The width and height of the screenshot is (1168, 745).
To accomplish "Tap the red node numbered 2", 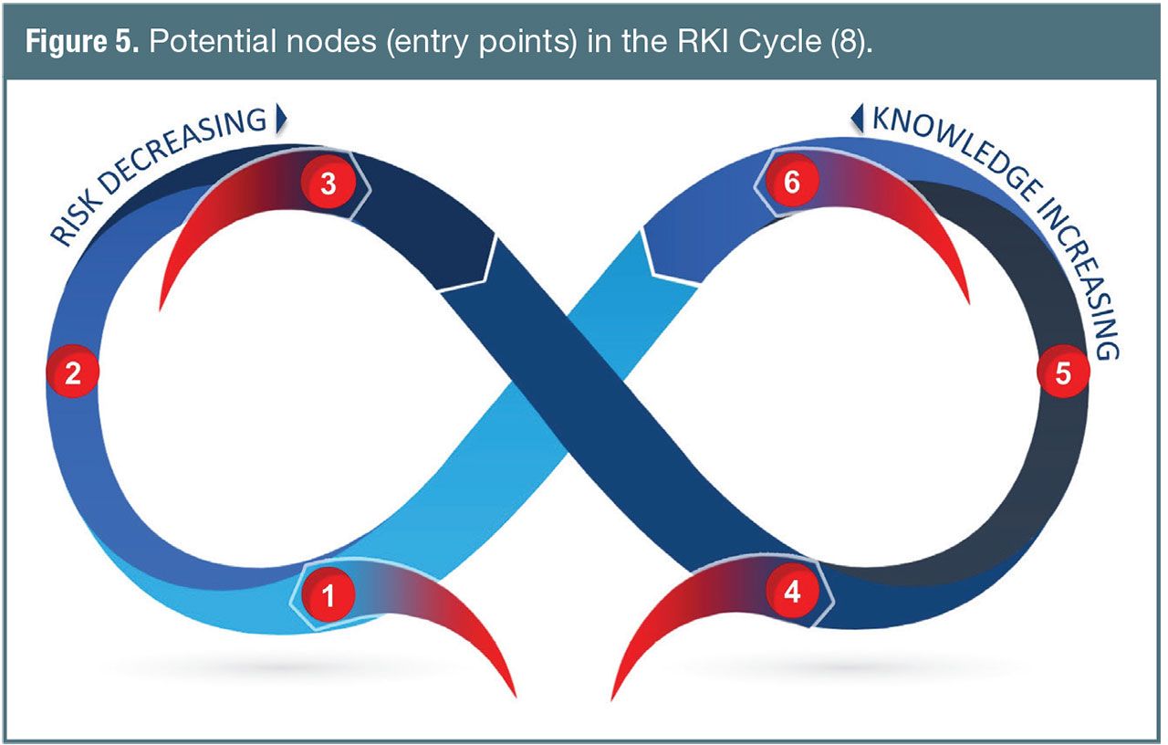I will tap(73, 372).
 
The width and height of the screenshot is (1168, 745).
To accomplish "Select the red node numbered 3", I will tap(328, 184).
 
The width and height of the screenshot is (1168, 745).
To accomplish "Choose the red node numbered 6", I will tap(792, 184).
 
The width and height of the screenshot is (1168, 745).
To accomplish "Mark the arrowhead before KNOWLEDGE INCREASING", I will tap(857, 116).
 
